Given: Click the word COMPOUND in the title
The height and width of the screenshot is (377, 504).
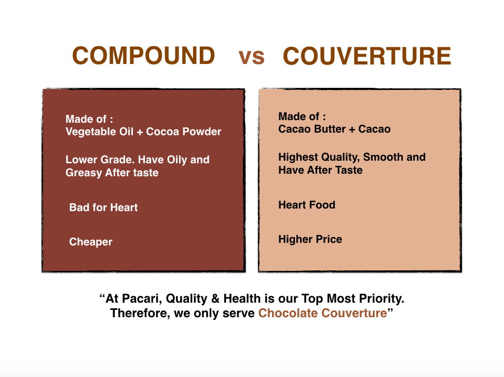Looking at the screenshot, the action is [143, 56].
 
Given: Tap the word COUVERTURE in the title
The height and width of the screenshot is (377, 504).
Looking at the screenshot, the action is [367, 56].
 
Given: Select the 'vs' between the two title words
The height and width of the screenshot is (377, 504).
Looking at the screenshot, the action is [251, 57].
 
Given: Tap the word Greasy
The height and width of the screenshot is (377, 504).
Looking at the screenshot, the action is [84, 173].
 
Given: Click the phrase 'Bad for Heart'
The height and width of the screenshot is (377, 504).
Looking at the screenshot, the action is [103, 207].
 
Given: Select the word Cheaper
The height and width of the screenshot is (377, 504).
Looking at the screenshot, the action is [91, 242].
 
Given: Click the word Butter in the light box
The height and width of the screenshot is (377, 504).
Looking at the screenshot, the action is [331, 129].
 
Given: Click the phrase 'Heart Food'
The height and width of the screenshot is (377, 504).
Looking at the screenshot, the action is [307, 205].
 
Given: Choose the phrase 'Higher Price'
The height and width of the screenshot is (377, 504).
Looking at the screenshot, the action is [310, 239].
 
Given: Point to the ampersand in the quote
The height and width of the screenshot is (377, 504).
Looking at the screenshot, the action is [215, 299].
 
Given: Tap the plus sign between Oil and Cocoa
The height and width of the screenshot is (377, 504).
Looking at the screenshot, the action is [140, 132].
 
